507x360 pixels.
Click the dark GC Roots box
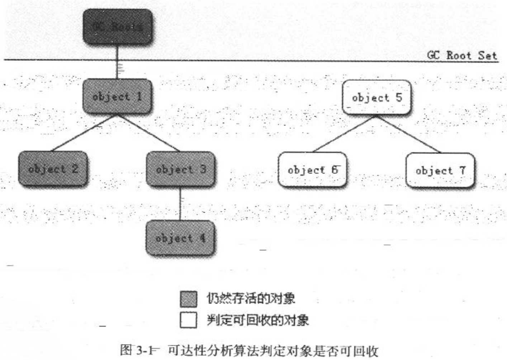coord(118,27)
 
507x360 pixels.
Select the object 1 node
coord(117,96)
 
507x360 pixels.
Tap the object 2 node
coord(53,169)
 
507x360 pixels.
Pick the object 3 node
coord(181,169)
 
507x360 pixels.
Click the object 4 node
coord(180,238)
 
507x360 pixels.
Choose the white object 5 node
coord(376,98)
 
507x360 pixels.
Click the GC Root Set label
coord(462,56)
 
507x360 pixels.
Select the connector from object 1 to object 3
coord(149,133)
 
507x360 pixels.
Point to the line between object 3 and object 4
coord(180,204)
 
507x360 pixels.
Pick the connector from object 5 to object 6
coord(344,134)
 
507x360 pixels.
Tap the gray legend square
coord(188,299)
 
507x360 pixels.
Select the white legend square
coord(188,320)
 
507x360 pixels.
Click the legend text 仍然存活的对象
coord(251,298)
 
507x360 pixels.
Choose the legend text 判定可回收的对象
coord(257,320)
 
